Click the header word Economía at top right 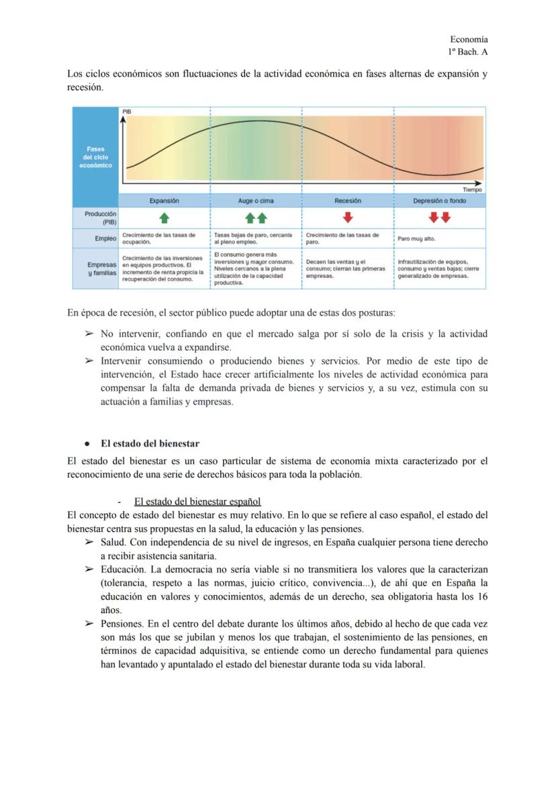click(x=469, y=40)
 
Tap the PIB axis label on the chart click(x=127, y=111)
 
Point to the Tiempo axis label click(x=472, y=189)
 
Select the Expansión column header click(x=164, y=201)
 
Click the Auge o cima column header click(x=256, y=201)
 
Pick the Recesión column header click(x=348, y=201)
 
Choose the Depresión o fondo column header click(x=439, y=201)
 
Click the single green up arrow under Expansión click(x=164, y=218)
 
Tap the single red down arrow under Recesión click(x=348, y=218)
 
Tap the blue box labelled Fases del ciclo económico click(x=95, y=157)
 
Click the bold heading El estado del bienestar click(x=150, y=443)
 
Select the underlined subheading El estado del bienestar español click(x=197, y=501)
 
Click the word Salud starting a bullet click(x=113, y=542)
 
